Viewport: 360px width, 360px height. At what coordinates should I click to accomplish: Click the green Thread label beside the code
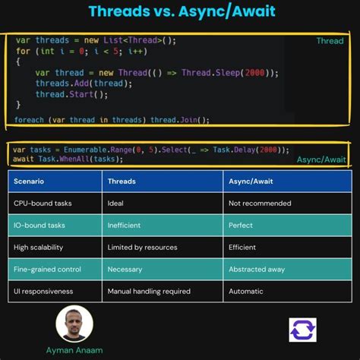[x=330, y=41]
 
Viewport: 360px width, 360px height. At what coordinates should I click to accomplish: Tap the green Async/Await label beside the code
[x=321, y=159]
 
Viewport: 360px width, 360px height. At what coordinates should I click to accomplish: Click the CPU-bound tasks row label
[x=43, y=204]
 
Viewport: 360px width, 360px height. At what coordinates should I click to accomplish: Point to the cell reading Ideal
[x=117, y=204]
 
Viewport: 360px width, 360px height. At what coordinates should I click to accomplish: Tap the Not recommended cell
[x=260, y=204]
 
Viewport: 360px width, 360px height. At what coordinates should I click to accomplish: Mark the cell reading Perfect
[x=241, y=226]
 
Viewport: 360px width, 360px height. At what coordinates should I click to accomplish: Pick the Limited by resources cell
[x=143, y=248]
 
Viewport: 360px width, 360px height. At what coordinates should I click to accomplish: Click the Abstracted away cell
[x=258, y=269]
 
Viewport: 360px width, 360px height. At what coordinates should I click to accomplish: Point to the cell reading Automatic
[x=246, y=291]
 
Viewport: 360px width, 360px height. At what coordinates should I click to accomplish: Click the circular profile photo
[x=74, y=324]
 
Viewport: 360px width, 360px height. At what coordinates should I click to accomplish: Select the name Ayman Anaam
[x=74, y=351]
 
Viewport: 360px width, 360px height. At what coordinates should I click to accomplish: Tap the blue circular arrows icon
[x=302, y=330]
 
